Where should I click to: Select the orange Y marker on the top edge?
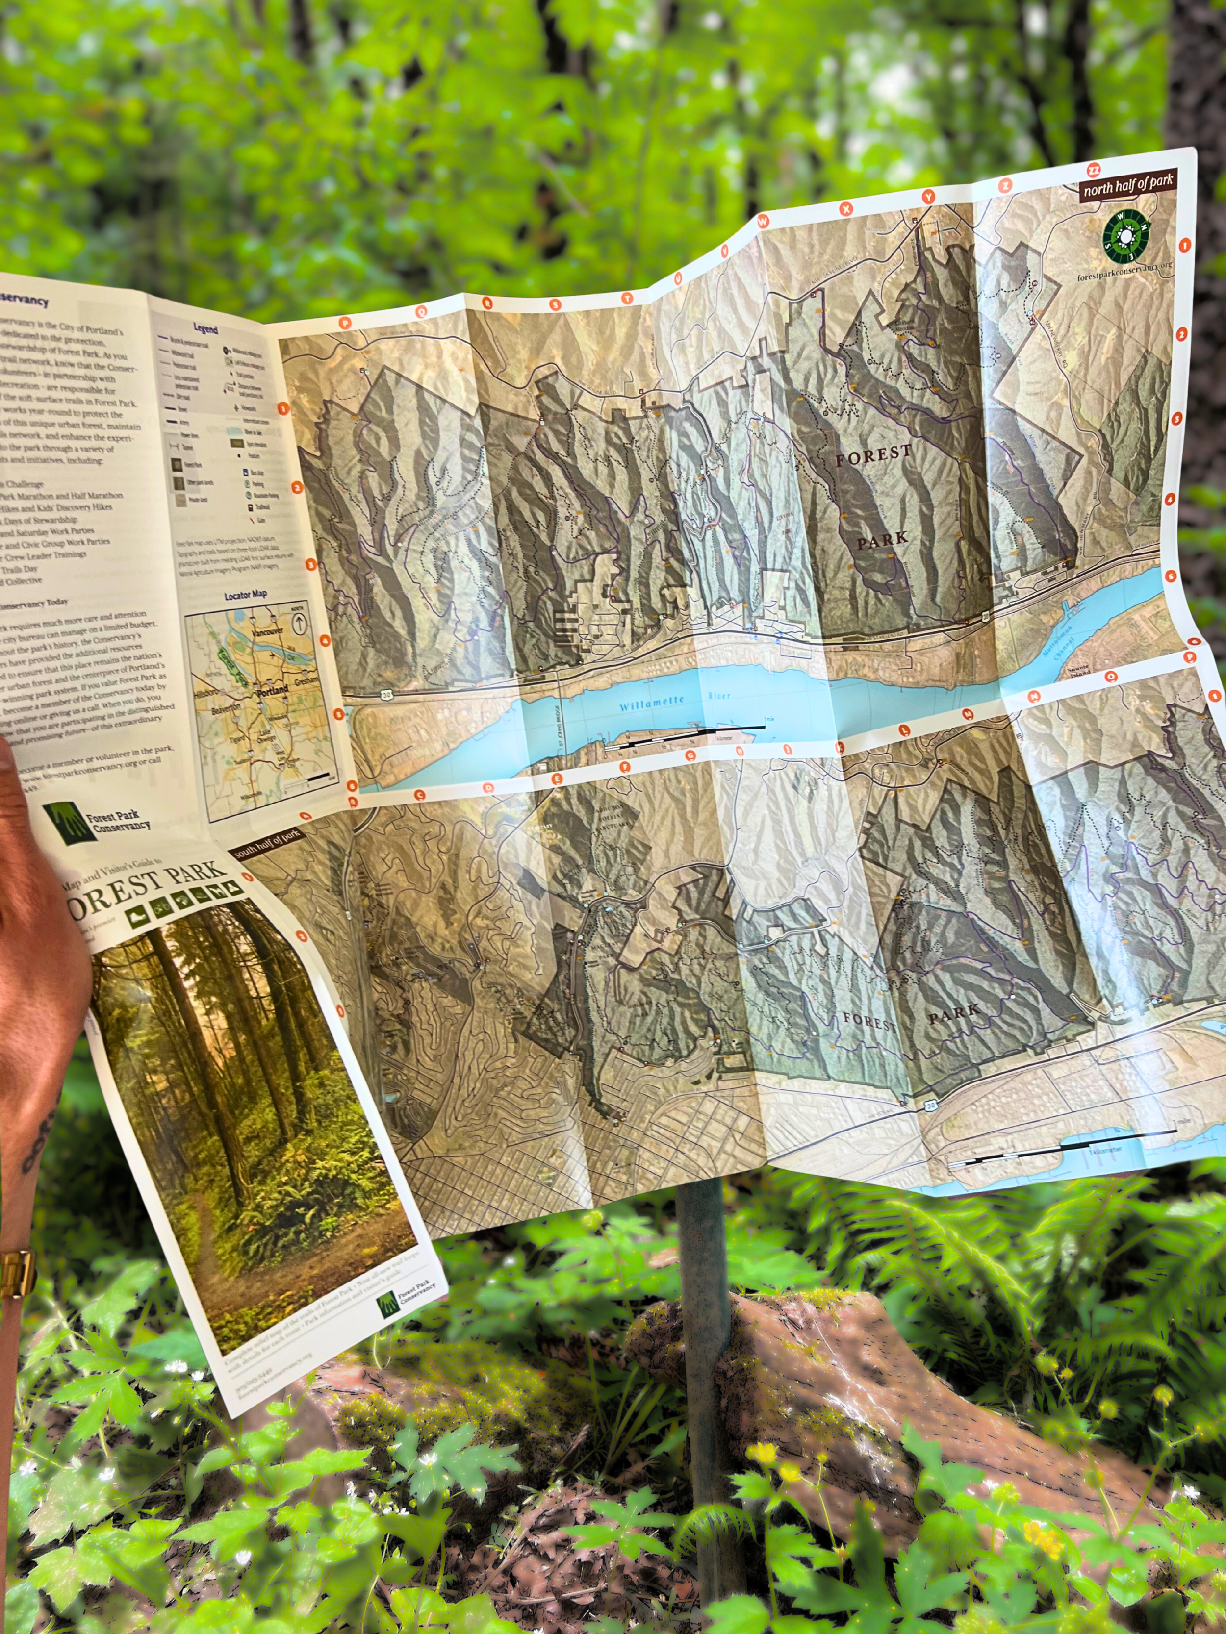tap(927, 197)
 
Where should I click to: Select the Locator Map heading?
tap(245, 595)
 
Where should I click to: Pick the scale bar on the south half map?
tap(1064, 1146)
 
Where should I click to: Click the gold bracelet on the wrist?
tap(16, 1271)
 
